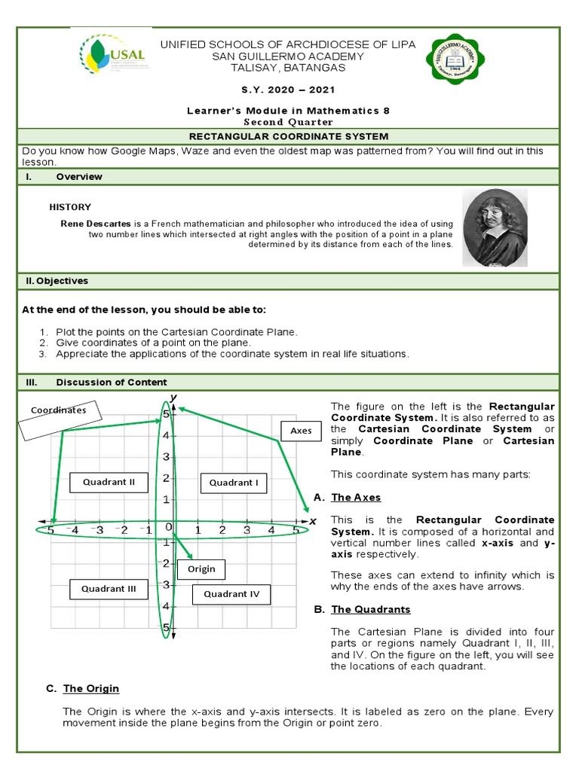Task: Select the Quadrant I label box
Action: [234, 483]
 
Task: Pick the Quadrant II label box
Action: [109, 482]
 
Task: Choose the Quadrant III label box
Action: [109, 589]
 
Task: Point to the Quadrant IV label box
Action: [231, 594]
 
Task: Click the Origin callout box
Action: [201, 569]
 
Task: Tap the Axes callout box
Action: [301, 431]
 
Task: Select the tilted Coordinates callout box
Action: [59, 417]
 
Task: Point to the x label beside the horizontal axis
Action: [313, 520]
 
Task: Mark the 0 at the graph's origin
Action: [170, 527]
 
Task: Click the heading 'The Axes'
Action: [356, 497]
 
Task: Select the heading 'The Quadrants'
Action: [370, 609]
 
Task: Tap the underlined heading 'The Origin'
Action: [90, 688]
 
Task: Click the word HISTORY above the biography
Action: [70, 207]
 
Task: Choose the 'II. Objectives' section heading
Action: [57, 281]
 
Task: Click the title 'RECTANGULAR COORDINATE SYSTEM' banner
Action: [289, 136]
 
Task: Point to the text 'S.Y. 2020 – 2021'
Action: [288, 89]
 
